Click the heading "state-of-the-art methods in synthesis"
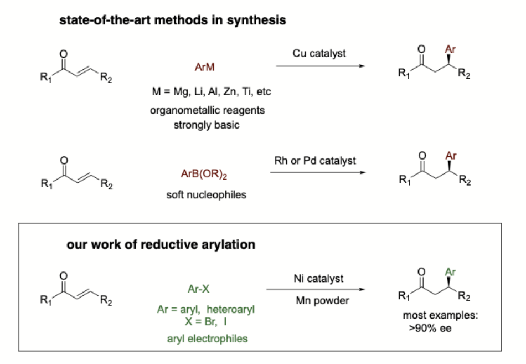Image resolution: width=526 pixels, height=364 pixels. click(x=173, y=20)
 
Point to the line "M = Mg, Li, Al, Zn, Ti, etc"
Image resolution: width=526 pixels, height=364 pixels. click(x=212, y=91)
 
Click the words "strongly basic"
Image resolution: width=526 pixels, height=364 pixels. click(x=207, y=125)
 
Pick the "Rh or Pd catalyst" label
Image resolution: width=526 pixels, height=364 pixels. click(x=315, y=161)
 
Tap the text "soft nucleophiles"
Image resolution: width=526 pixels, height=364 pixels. click(x=206, y=195)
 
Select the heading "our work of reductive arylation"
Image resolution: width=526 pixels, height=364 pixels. click(x=161, y=244)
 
